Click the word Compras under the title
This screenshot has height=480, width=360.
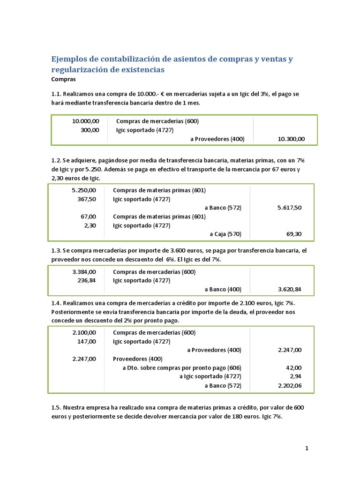pos(63,79)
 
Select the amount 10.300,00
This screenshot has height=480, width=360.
pos(291,139)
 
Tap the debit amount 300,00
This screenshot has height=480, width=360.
pos(90,130)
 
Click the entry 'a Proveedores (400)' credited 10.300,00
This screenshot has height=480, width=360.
pos(217,139)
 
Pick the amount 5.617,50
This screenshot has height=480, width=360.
pos(289,208)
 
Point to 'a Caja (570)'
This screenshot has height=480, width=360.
pos(225,234)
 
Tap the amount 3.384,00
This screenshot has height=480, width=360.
pos(84,272)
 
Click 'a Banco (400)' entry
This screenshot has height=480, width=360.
pos(223,289)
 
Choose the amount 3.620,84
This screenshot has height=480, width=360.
pos(289,289)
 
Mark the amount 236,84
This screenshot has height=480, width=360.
pos(86,280)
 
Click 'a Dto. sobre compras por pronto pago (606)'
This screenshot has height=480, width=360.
pos(182,367)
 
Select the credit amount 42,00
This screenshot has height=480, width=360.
pos(293,367)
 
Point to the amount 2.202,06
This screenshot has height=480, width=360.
pos(289,385)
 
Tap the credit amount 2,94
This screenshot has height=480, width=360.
pos(296,376)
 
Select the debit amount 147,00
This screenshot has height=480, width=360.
pos(86,341)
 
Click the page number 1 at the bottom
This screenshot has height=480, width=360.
pos(307,448)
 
